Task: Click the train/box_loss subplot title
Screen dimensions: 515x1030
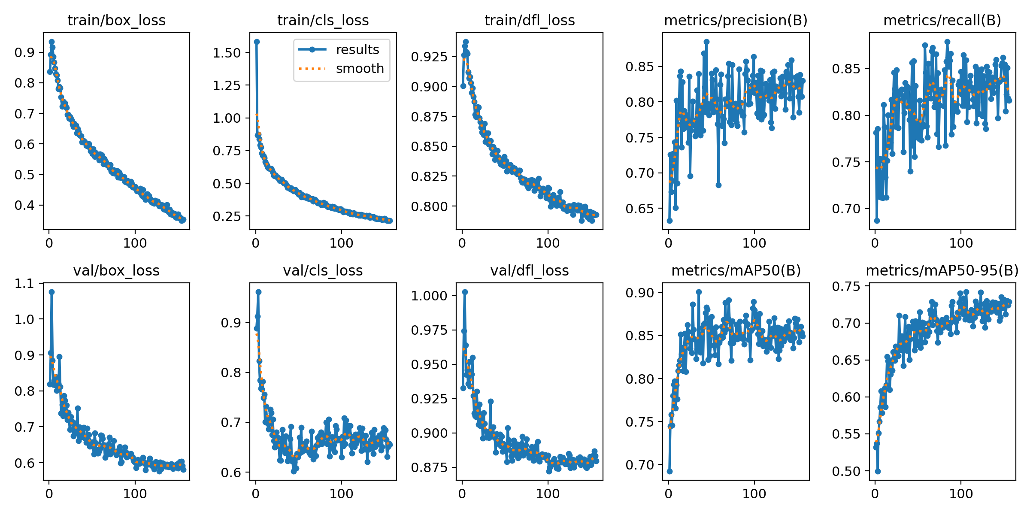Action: point(116,21)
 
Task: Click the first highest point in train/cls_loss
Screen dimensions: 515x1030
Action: point(257,42)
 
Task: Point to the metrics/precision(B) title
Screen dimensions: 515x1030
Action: point(736,21)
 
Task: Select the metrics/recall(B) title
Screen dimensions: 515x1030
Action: point(942,21)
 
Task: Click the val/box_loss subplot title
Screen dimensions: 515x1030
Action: point(116,271)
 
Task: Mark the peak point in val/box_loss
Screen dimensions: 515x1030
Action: point(51,292)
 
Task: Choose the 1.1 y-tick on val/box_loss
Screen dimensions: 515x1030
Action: point(24,284)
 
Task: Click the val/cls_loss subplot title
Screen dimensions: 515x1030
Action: point(323,271)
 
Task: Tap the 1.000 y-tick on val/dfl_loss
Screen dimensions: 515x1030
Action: point(429,296)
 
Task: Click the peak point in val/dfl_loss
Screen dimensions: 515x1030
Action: point(465,292)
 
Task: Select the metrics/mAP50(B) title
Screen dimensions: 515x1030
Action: point(736,271)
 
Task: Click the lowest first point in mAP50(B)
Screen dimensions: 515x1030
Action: point(669,471)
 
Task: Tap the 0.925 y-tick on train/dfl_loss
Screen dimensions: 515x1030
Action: point(429,57)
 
